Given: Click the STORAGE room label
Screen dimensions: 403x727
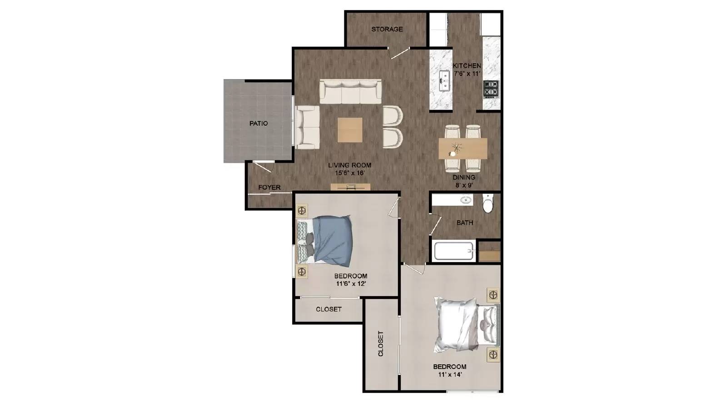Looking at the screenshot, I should [x=387, y=29].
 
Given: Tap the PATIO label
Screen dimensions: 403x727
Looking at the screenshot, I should [x=259, y=123].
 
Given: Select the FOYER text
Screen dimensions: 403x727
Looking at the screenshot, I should [x=269, y=187].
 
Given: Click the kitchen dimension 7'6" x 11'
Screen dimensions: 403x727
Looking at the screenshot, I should [x=467, y=73].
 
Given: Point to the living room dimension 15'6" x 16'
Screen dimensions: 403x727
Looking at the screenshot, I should [x=350, y=173].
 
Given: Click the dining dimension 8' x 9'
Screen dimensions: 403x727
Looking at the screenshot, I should [x=464, y=185].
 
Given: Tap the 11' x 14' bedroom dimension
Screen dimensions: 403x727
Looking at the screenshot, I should [x=449, y=375].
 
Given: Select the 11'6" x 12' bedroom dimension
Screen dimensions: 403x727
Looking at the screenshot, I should [x=351, y=284].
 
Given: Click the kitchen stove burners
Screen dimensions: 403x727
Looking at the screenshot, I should [x=491, y=90].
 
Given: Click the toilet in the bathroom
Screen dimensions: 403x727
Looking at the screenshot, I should [x=488, y=204].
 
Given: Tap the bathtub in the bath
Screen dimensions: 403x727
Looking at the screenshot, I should [x=453, y=251].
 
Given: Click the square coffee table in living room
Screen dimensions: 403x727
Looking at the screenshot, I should [x=350, y=130].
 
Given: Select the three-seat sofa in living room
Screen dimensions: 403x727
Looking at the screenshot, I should [x=350, y=92].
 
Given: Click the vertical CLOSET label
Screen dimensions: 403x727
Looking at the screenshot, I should [x=381, y=343].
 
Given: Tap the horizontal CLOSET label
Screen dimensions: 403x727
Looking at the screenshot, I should [x=329, y=309].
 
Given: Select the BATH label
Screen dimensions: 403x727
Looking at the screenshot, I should [x=464, y=223].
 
